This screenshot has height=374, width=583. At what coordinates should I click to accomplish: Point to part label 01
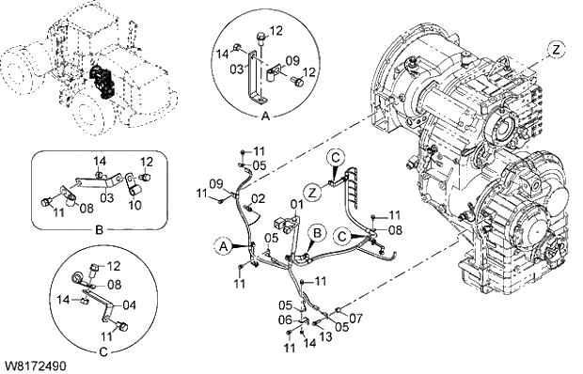click(296, 204)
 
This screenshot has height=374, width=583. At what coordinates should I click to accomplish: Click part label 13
click(325, 335)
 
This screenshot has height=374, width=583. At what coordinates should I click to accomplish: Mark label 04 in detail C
click(130, 304)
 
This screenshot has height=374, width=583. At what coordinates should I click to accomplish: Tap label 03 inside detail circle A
click(238, 68)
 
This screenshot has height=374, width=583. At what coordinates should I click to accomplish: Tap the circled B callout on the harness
click(318, 231)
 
